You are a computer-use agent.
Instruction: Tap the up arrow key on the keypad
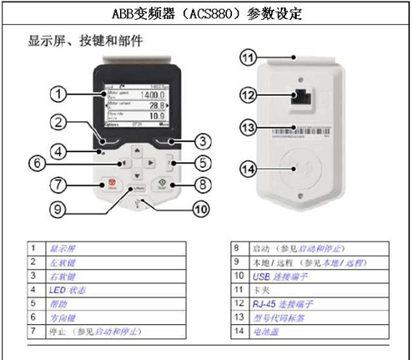[139, 151]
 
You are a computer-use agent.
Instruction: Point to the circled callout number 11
[246, 58]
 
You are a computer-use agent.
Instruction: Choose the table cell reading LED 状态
[68, 289]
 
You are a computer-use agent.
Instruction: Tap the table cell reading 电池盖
[271, 330]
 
